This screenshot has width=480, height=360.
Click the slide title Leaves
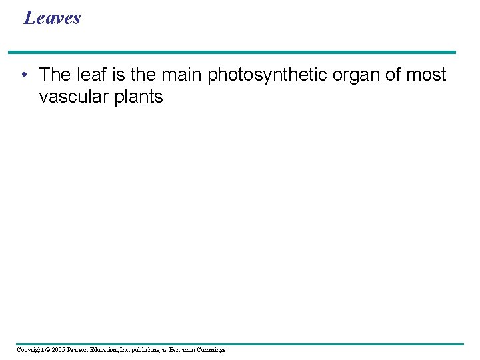52,17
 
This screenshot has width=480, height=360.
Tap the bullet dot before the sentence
24,75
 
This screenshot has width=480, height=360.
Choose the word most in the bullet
426,75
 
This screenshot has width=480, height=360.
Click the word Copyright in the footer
30,349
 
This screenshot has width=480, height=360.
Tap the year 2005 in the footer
58,349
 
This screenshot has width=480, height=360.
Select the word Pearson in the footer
79,349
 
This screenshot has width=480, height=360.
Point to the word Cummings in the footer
211,349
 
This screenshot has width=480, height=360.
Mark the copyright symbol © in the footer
47,349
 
